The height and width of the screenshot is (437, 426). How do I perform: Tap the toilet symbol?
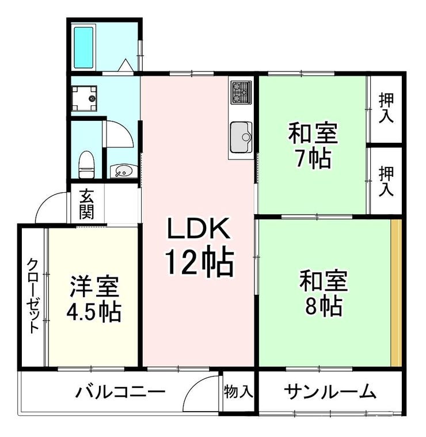point(86,165)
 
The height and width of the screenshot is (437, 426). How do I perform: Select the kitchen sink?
point(241,138)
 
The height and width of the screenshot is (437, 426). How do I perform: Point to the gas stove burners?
point(241,93)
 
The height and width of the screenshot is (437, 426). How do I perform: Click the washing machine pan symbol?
point(84,98)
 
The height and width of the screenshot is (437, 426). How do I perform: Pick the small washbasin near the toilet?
point(123,171)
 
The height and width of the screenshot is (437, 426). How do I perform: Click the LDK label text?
point(198,228)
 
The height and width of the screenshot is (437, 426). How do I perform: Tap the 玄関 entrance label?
point(87,204)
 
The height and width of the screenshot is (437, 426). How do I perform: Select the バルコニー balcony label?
point(121,392)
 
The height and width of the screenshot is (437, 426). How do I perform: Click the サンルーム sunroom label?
point(330,392)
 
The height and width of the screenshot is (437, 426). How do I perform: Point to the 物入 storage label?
point(238,392)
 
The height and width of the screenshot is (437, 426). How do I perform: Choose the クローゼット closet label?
point(33,296)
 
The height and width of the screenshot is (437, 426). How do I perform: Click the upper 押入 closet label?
point(386,108)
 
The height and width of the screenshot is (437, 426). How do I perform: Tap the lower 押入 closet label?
point(386,181)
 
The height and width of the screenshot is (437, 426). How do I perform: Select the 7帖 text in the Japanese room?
point(313,159)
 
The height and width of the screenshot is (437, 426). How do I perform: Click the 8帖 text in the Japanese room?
point(324,306)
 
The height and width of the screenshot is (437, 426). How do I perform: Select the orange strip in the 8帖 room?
point(396,292)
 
